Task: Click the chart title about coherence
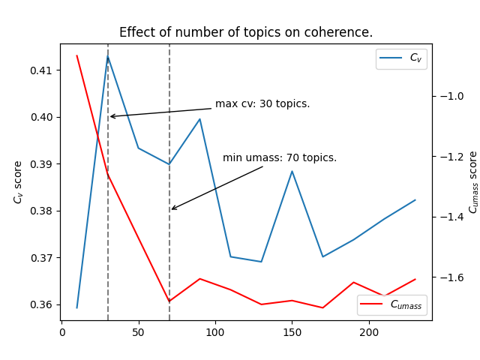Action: point(246,33)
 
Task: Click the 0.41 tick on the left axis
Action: point(43,70)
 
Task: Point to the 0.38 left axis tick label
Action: point(43,211)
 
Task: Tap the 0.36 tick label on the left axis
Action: point(43,304)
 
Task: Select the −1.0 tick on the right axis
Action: point(452,96)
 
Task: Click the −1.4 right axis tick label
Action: point(452,217)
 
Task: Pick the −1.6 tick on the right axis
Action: point(452,277)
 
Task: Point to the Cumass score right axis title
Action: point(473,182)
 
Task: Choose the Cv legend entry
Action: point(401,58)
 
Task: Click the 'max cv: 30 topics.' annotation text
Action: point(262,104)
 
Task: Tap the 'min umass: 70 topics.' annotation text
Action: point(280,158)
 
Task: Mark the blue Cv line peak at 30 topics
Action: point(108,56)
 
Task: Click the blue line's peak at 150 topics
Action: point(292,171)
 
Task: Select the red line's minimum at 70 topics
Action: point(169,301)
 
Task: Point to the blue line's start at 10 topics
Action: point(77,307)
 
